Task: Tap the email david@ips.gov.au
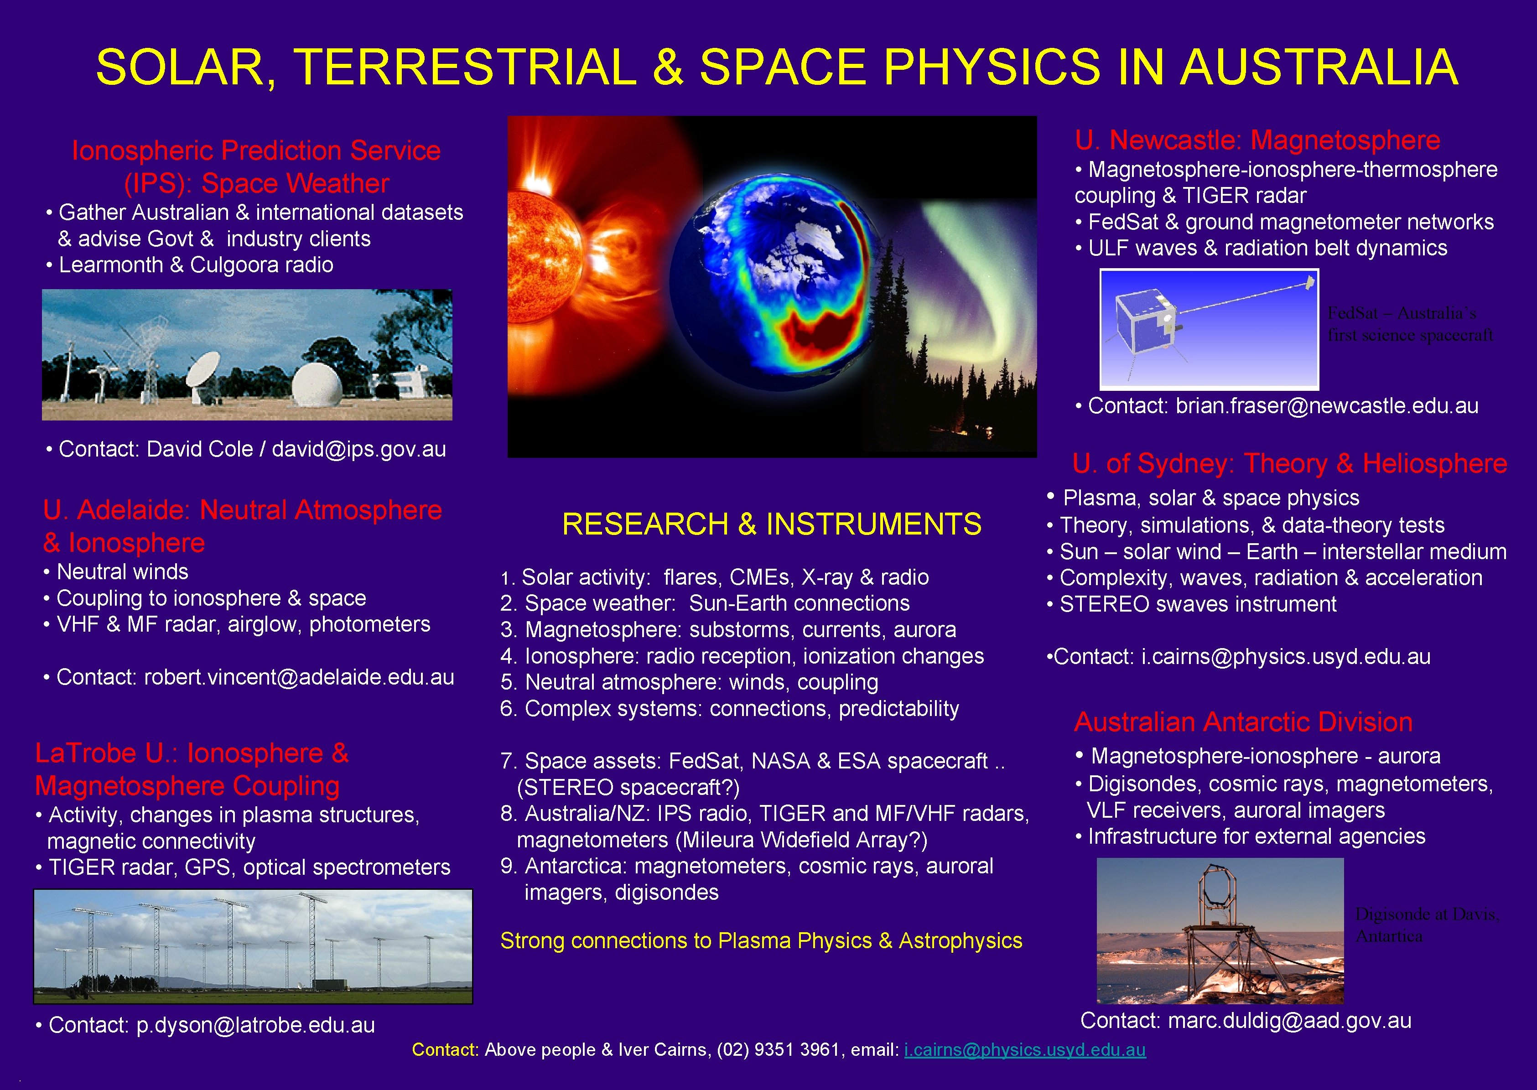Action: pos(358,449)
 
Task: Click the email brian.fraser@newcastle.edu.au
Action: pos(1326,405)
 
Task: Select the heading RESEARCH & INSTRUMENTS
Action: pos(771,524)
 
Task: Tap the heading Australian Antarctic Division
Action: pos(1243,722)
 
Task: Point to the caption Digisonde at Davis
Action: pos(1426,914)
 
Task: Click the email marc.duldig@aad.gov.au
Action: pos(1289,1020)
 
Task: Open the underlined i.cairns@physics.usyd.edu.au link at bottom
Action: pos(1024,1050)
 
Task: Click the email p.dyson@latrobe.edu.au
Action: pos(255,1025)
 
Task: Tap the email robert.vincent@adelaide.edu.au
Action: pos(299,677)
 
